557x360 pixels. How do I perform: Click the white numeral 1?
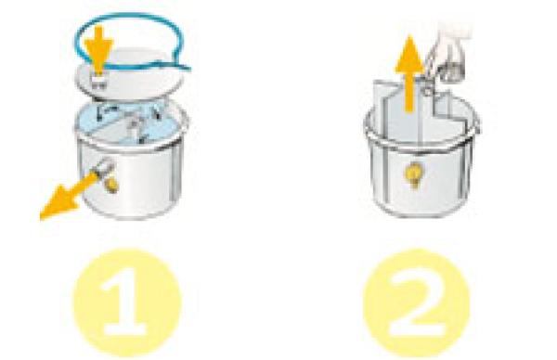coord(126,302)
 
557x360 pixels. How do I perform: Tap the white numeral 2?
coord(416,302)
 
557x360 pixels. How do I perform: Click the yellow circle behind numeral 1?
coord(127,302)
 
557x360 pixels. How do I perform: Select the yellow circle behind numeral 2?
coord(417,302)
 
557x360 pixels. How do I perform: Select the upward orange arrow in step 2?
coord(410,72)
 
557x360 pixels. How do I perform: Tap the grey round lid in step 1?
coord(129,75)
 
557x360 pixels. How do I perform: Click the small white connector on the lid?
coord(98,80)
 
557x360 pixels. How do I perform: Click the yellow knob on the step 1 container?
coord(112,185)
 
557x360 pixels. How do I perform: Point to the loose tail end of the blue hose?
coord(188,68)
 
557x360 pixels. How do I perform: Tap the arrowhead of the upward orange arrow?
coord(410,53)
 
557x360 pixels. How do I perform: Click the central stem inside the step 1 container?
coord(134,124)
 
